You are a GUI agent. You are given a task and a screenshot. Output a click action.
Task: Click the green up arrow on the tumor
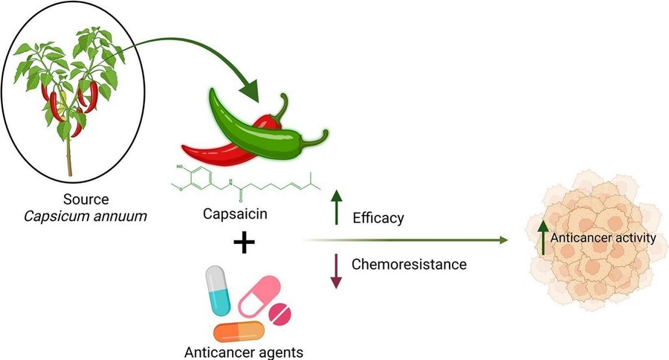[542, 237]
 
